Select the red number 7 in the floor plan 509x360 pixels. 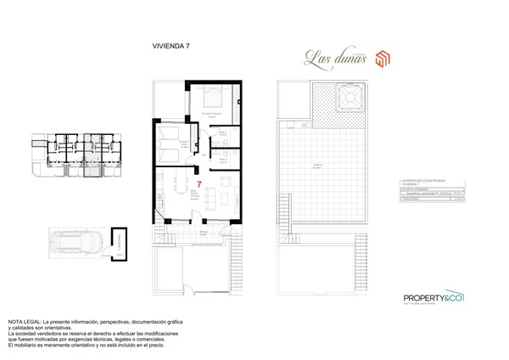click(198, 183)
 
